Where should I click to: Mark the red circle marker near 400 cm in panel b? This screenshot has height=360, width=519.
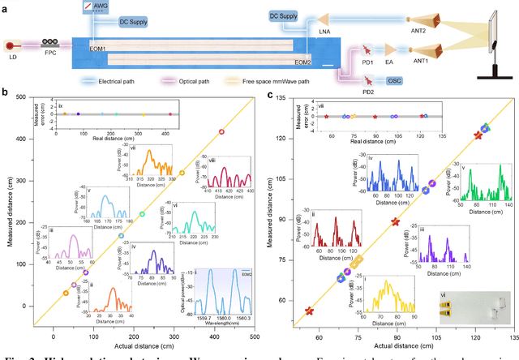point(221,132)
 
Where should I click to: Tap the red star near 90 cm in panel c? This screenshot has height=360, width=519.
point(395,222)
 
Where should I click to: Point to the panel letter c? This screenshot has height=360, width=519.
point(270,95)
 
